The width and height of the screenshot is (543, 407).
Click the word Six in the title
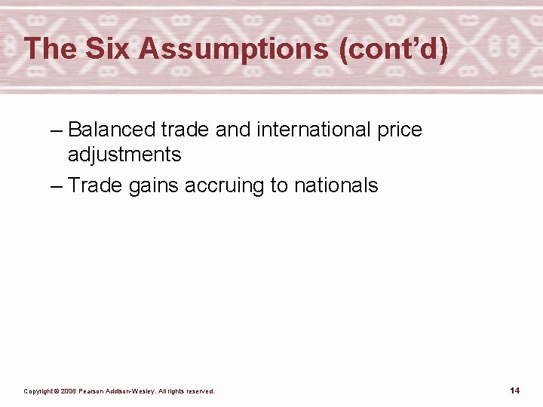click(109, 50)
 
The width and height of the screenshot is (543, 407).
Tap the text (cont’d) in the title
click(393, 50)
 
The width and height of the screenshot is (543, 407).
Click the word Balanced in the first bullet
click(112, 130)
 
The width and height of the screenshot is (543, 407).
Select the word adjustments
click(124, 155)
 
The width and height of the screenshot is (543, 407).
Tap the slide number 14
click(514, 390)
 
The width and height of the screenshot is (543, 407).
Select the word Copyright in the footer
click(39, 391)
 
